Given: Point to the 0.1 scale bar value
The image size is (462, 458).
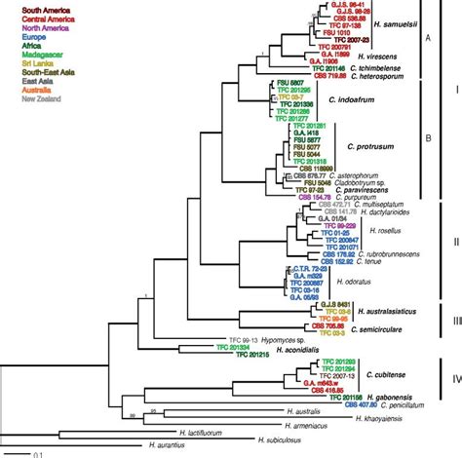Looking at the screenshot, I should point(33,453).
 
